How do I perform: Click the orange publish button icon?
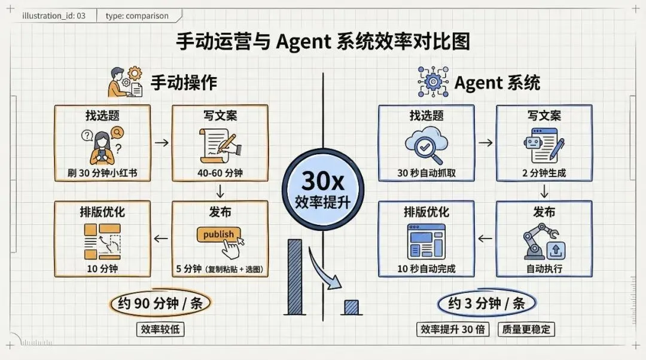pyautogui.click(x=219, y=234)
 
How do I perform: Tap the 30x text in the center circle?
pyautogui.click(x=324, y=180)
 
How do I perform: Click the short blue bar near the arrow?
pyautogui.click(x=351, y=307)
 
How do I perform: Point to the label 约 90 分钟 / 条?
pyautogui.click(x=160, y=304)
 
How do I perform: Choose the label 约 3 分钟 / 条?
pyautogui.click(x=486, y=304)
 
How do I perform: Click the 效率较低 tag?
pyautogui.click(x=160, y=329)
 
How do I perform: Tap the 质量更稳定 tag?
pyautogui.click(x=526, y=329)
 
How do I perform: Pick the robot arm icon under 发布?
pyautogui.click(x=543, y=242)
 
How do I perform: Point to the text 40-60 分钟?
pyautogui.click(x=220, y=174)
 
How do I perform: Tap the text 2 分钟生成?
pyautogui.click(x=544, y=174)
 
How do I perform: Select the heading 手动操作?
pyautogui.click(x=183, y=83)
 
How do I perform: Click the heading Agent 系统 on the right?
pyautogui.click(x=497, y=83)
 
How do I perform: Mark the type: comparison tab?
pyautogui.click(x=137, y=16)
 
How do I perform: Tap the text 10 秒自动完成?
pyautogui.click(x=426, y=269)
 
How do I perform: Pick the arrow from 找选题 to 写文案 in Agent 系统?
pyautogui.click(x=485, y=143)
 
